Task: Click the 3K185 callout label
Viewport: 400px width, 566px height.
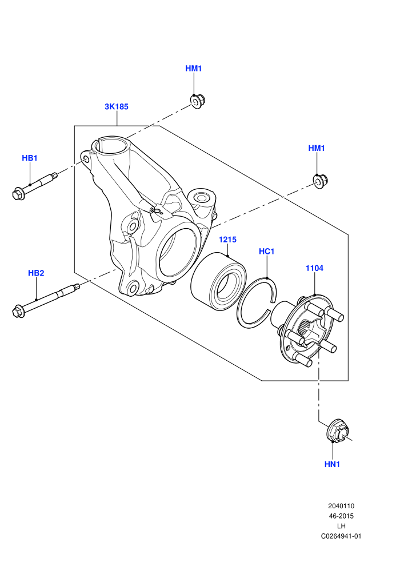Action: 117,106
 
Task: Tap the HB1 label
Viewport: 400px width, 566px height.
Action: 30,158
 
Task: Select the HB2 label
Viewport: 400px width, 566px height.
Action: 36,273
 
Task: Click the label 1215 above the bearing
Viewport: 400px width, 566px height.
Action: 227,240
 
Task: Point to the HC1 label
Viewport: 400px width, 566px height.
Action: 267,251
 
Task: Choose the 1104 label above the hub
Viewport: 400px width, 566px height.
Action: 314,268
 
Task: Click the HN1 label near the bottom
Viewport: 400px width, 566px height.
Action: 332,464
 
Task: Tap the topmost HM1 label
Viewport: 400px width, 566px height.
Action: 194,68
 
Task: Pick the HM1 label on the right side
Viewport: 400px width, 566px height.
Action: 317,148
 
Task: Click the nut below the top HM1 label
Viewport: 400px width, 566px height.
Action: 197,101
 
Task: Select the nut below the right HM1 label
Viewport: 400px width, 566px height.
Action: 319,181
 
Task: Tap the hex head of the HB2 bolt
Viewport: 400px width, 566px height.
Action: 18,312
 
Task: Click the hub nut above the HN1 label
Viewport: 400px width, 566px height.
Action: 338,431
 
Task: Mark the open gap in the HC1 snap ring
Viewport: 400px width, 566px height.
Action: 271,304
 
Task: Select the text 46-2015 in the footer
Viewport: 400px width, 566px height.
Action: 341,516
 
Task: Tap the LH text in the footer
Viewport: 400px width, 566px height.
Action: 341,527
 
